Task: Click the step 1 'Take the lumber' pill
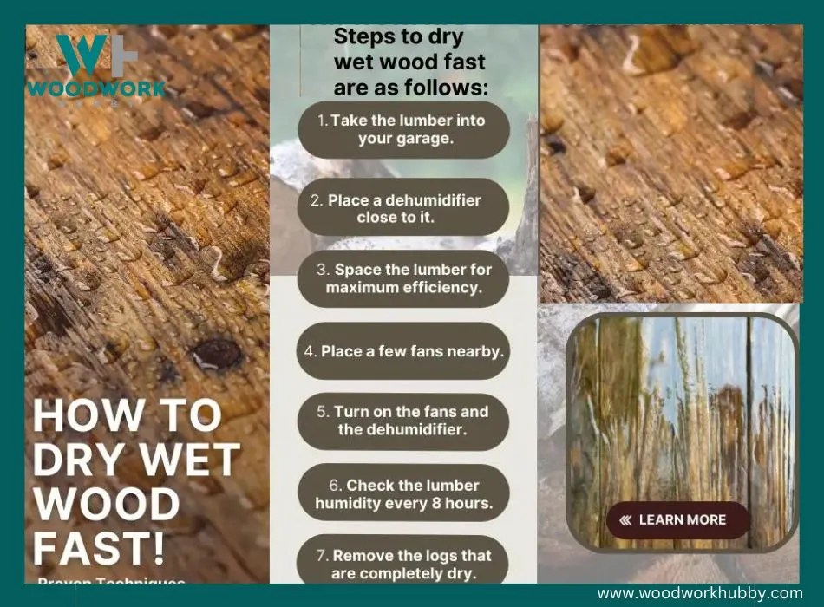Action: point(402,129)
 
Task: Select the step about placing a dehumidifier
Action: point(402,208)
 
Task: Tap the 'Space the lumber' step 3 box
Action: point(402,278)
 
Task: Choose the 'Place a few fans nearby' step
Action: point(402,351)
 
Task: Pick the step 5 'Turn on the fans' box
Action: point(402,421)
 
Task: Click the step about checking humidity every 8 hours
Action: point(402,493)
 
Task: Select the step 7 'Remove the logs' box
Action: point(402,563)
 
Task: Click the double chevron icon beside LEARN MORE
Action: point(625,520)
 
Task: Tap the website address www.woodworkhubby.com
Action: point(700,593)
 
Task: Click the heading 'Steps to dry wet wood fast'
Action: point(410,62)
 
